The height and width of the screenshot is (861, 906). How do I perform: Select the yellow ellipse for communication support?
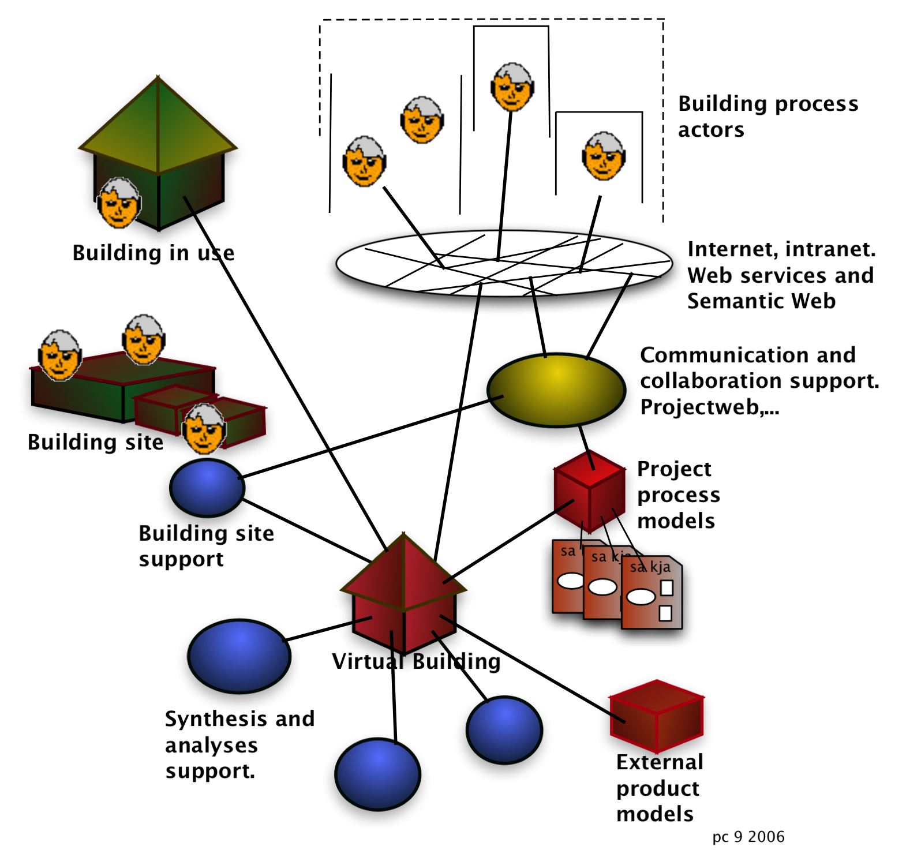click(x=556, y=390)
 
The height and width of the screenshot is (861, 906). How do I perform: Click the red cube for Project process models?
click(x=589, y=491)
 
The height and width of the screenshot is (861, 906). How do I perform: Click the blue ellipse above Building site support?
click(x=207, y=488)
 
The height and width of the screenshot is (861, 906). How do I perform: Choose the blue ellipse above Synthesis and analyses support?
click(x=239, y=656)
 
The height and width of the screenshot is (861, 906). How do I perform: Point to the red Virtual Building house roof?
click(x=403, y=571)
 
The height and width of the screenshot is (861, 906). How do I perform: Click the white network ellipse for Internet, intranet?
click(x=504, y=263)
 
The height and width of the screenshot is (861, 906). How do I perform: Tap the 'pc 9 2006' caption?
click(x=748, y=837)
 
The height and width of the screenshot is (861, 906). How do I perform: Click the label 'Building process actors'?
click(x=768, y=117)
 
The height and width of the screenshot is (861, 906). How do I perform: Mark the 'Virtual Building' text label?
click(x=416, y=661)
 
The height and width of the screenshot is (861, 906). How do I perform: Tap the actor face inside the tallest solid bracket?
click(x=512, y=87)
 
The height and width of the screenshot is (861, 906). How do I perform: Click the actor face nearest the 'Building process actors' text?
click(x=604, y=156)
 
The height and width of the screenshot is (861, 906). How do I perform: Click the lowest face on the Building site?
click(x=204, y=428)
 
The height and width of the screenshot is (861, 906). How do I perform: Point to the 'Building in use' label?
click(x=153, y=253)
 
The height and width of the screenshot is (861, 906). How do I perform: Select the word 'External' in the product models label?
click(x=660, y=762)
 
